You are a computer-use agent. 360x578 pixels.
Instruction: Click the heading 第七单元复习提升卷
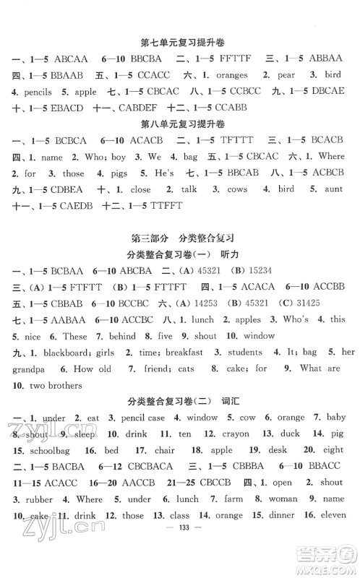179,41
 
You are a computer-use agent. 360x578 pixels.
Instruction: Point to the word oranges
231,74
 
